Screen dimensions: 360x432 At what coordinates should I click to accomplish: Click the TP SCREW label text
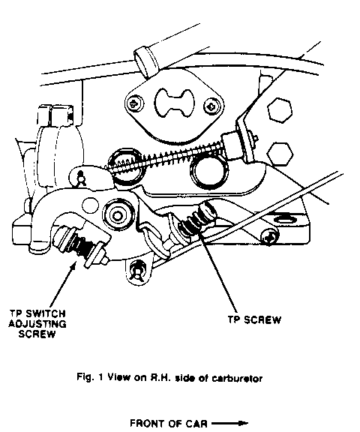click(x=254, y=319)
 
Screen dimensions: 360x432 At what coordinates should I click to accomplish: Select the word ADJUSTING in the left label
click(x=37, y=324)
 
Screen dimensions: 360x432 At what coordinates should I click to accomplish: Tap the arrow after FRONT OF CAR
click(x=230, y=423)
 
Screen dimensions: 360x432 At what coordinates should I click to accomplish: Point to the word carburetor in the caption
click(x=237, y=378)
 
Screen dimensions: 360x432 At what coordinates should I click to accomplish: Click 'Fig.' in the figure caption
click(x=84, y=377)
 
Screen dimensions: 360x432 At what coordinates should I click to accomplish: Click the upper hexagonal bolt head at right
click(x=279, y=109)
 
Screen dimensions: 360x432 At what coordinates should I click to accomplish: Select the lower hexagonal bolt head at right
click(x=280, y=154)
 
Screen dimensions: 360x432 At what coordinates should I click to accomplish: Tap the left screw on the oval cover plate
click(x=135, y=103)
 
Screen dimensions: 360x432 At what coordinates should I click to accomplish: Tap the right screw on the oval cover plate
click(x=211, y=106)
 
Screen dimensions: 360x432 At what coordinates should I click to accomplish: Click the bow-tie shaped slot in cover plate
click(x=174, y=103)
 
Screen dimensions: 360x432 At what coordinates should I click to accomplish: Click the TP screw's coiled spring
click(x=193, y=223)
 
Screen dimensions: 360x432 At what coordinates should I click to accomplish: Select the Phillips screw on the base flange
click(x=270, y=236)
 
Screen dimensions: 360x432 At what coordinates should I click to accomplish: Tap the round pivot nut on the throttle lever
click(x=118, y=215)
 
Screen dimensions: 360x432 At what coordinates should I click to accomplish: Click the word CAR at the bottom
click(x=195, y=423)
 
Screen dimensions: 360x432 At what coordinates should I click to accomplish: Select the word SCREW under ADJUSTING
click(x=37, y=334)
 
